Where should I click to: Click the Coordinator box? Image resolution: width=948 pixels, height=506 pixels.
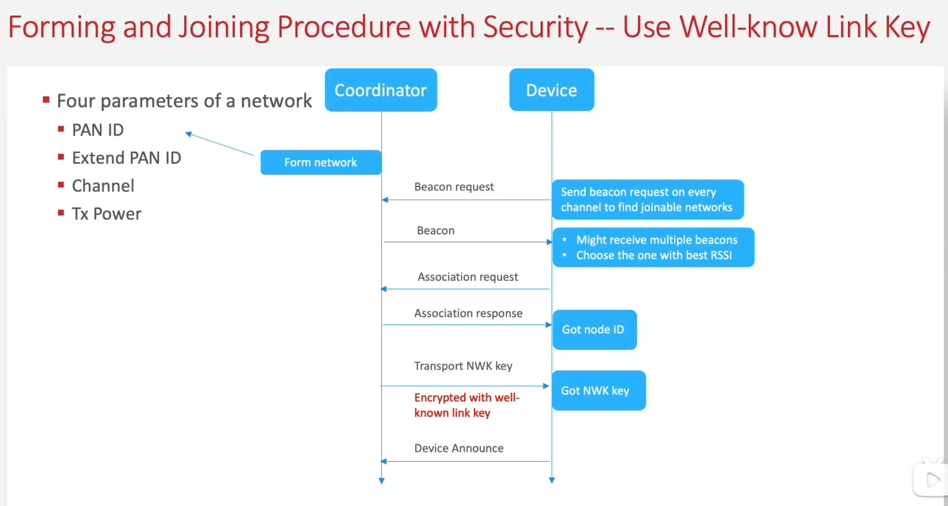(381, 90)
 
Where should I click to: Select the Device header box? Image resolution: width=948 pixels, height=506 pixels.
(551, 90)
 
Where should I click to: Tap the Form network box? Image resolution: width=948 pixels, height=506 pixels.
(321, 162)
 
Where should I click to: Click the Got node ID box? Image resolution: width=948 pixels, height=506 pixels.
(594, 330)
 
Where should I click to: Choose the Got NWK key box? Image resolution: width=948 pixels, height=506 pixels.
(598, 391)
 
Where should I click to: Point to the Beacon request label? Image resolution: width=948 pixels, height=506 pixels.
(454, 187)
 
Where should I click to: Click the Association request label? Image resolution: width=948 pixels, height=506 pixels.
(468, 277)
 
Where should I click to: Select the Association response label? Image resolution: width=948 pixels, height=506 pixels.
(468, 313)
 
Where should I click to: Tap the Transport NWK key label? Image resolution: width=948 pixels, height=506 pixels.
(463, 366)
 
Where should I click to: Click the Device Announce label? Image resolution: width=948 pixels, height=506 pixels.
(459, 448)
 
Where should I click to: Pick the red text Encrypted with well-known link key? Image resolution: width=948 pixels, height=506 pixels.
(466, 405)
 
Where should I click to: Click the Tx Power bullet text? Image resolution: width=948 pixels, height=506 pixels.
(107, 214)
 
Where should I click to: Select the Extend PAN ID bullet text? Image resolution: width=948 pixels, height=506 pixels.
(126, 158)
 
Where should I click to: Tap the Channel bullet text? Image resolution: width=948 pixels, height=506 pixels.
(103, 186)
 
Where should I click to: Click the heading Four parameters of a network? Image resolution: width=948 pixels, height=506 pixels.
(184, 101)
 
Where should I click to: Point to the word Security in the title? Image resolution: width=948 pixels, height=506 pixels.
(535, 27)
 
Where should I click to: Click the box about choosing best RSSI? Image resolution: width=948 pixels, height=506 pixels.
(653, 248)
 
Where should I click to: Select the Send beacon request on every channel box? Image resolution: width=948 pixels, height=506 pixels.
(647, 200)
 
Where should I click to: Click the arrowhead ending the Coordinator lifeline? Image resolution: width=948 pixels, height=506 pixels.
(381, 481)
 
